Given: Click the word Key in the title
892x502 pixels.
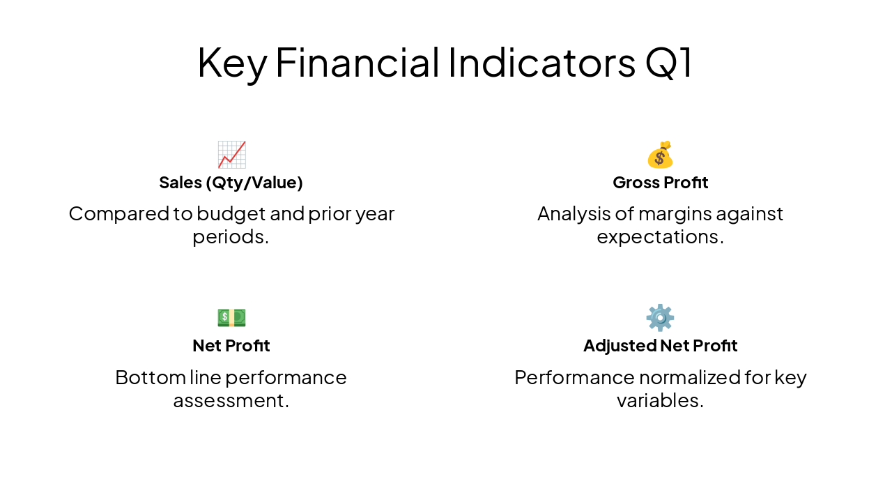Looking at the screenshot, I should coord(231,63).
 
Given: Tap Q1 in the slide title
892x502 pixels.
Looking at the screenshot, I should coord(669,63).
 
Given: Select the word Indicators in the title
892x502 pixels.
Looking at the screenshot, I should coord(541,63).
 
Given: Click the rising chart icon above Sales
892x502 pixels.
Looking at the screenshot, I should coord(231,155).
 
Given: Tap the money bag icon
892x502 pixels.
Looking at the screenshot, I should coord(660,155).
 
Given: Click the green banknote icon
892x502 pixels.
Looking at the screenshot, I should coord(231,317).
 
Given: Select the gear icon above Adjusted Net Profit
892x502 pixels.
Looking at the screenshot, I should coord(660,317).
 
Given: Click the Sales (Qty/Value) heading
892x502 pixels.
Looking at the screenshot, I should coord(231,183).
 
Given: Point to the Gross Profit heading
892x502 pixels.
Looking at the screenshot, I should coord(660,183).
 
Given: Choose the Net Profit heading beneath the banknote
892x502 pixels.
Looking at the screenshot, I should coord(231,346).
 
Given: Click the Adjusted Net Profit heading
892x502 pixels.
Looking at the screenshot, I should coord(660,346).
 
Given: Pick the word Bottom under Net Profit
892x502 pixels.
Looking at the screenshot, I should coord(150,377).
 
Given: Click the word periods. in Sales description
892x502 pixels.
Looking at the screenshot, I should coord(231,237).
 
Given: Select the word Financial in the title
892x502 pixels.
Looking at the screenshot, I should coord(357,63).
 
